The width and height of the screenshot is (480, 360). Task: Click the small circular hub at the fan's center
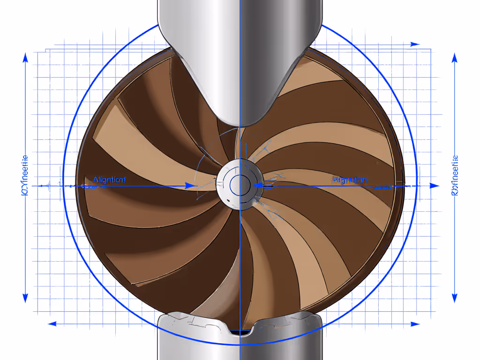240,183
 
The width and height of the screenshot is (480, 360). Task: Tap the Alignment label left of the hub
109,180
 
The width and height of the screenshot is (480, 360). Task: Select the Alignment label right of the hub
349,180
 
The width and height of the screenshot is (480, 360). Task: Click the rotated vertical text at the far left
25,176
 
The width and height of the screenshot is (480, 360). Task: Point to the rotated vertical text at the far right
454,176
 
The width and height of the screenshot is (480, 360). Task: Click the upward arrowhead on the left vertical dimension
25,58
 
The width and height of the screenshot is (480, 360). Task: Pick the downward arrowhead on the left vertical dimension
25,298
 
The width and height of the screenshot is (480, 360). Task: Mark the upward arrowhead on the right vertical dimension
454,58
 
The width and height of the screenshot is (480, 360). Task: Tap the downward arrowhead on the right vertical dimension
454,298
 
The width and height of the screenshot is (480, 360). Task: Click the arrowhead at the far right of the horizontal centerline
435,186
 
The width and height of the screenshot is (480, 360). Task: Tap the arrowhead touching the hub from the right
257,186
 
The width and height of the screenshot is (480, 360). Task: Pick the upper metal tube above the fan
240,19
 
